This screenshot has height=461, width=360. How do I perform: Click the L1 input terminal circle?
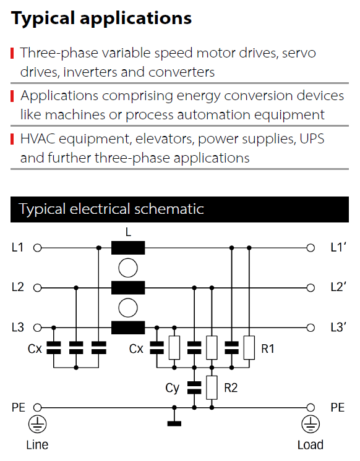click(37, 248)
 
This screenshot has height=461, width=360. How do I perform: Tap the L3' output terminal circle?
click(311, 328)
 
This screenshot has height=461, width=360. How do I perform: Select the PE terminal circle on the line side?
click(37, 407)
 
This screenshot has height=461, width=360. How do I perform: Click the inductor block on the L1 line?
click(128, 248)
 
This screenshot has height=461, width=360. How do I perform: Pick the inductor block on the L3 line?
click(128, 328)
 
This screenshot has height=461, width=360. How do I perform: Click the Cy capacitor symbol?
click(194, 387)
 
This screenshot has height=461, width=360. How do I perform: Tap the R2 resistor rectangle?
click(212, 387)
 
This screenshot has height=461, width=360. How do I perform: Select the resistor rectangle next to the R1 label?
click(249, 347)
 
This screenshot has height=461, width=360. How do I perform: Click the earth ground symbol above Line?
click(37, 425)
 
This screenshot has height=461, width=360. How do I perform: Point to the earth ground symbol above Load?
click(311, 425)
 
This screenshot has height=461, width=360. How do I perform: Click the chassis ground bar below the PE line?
click(174, 424)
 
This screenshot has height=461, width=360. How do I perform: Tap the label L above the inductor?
click(128, 232)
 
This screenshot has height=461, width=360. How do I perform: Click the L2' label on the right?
click(338, 287)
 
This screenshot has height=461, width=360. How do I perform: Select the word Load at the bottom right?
click(311, 445)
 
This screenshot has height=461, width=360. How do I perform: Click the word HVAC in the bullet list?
click(38, 139)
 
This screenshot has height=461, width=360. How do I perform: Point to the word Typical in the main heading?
click(43, 19)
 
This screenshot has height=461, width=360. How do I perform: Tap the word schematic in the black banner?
click(169, 209)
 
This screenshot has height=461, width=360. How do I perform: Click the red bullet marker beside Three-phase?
click(12, 53)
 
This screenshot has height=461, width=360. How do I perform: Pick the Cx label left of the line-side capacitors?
click(35, 349)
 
